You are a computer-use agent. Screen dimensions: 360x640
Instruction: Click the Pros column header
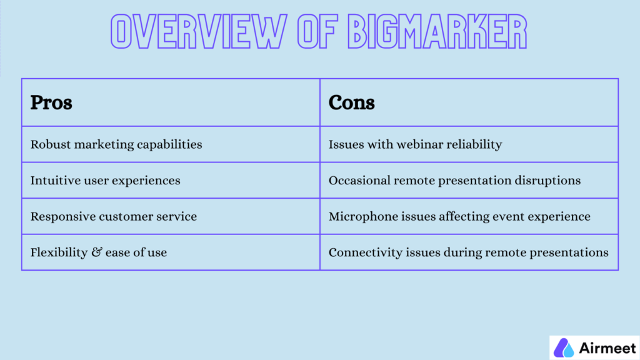click(51, 102)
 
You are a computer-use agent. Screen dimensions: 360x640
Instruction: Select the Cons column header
click(351, 102)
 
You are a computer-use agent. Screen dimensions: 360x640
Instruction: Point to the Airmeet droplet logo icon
click(564, 347)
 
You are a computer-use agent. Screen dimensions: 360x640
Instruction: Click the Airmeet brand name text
click(604, 347)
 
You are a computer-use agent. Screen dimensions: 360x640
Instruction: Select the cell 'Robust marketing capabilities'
click(116, 144)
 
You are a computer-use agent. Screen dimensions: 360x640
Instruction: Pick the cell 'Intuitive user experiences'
click(105, 181)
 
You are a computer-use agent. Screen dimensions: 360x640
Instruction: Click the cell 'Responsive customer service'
click(113, 217)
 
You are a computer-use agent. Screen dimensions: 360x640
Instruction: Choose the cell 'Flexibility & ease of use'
click(99, 253)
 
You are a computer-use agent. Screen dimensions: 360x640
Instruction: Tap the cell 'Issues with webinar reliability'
click(415, 144)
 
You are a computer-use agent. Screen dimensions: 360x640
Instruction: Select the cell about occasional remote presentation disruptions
click(454, 181)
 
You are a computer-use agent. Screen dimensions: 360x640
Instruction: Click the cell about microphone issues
click(459, 217)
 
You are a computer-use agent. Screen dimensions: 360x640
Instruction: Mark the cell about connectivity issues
click(468, 253)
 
